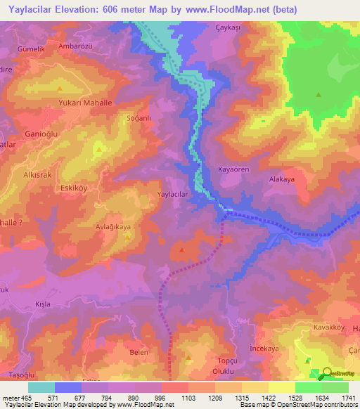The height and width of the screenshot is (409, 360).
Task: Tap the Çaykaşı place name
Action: (x=227, y=29)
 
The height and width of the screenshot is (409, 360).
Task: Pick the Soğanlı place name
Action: (x=139, y=118)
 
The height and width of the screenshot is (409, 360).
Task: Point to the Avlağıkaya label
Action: (x=112, y=227)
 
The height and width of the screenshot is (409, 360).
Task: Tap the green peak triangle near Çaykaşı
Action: (x=319, y=94)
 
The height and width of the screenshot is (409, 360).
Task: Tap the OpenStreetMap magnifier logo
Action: (x=329, y=374)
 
